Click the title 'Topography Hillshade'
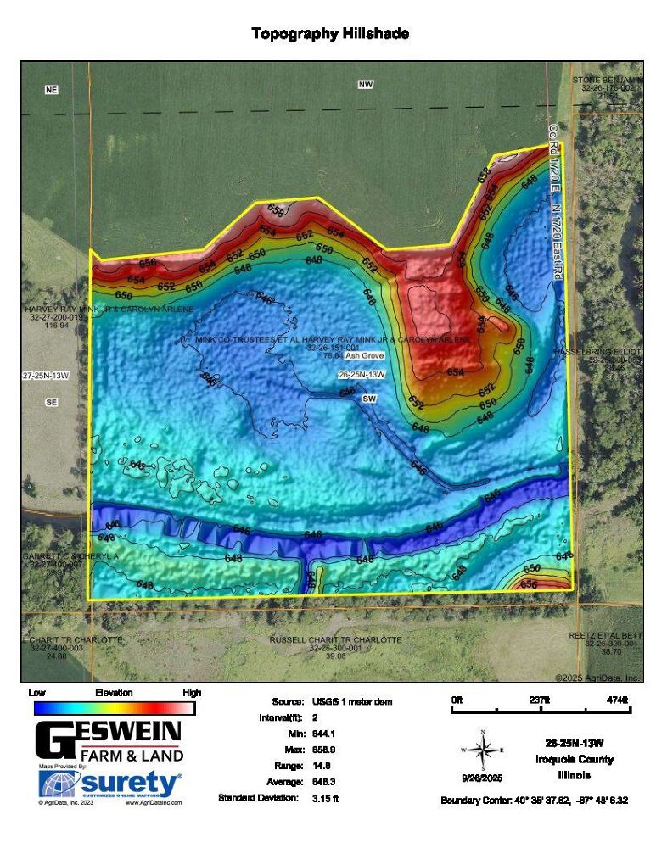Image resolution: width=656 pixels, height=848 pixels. point(330,34)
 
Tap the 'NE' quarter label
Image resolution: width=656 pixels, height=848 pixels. point(52,89)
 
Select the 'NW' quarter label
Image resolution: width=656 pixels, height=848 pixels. point(366,84)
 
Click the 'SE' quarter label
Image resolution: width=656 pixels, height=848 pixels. point(52,403)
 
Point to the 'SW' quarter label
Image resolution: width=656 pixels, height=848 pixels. point(369,399)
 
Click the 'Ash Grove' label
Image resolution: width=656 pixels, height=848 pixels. point(363,356)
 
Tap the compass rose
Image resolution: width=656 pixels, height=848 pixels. point(483,750)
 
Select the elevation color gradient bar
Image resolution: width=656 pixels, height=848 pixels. point(113,708)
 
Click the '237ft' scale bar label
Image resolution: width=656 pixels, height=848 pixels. point(540,700)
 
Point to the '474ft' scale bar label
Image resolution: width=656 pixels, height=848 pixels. point(617,700)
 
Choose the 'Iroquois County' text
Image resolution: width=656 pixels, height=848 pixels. point(575,760)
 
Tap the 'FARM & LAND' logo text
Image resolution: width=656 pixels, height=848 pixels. point(132,756)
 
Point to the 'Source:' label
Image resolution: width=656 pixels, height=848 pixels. point(288,702)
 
